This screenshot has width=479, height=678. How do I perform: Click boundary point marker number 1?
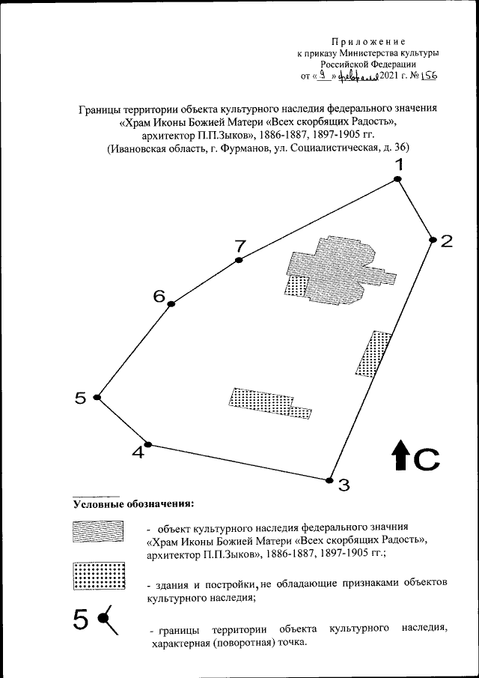pyautogui.click(x=398, y=179)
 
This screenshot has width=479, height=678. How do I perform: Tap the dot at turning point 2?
pyautogui.click(x=433, y=240)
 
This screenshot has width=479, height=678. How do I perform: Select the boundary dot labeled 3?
pyautogui.click(x=329, y=480)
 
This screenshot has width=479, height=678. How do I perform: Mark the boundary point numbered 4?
pyautogui.click(x=148, y=444)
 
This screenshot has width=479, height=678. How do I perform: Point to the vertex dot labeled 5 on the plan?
pyautogui.click(x=97, y=398)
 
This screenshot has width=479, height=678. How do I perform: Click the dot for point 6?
pyautogui.click(x=171, y=303)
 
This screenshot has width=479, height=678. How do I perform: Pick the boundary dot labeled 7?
pyautogui.click(x=239, y=260)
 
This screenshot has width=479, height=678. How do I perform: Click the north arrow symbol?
pyautogui.click(x=400, y=456)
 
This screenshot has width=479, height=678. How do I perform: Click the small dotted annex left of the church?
pyautogui.click(x=296, y=285)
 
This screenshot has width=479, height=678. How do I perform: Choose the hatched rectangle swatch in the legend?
pyautogui.click(x=97, y=530)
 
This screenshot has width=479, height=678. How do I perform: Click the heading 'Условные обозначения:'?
pyautogui.click(x=133, y=503)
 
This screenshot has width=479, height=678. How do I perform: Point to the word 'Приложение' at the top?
pyautogui.click(x=368, y=40)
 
